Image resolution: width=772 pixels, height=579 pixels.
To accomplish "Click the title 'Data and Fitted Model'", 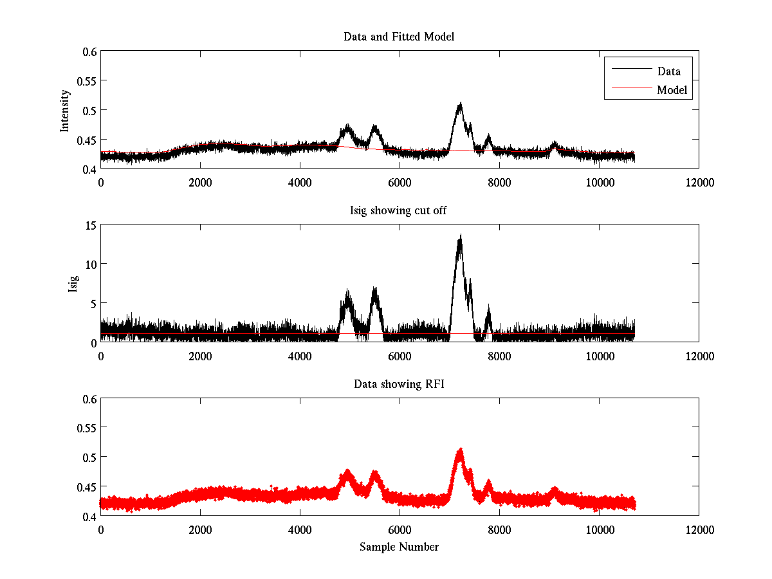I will point(399,37).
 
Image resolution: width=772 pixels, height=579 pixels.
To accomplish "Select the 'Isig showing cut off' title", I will point(399,210).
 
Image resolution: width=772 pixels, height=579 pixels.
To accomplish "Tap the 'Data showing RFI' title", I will point(399,384).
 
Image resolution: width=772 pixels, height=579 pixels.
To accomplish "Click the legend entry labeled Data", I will point(668,71).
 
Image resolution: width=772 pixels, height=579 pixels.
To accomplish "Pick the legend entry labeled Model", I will point(672,90).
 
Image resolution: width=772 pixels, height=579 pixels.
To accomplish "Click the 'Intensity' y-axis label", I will point(65,110).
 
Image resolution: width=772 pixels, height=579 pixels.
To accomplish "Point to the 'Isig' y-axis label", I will point(73,284).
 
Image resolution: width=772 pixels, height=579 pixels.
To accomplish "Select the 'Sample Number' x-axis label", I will point(399,547).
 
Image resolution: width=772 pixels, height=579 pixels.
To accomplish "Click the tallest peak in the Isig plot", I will point(461,236).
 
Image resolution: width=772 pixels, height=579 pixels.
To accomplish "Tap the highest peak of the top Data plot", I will point(460,104).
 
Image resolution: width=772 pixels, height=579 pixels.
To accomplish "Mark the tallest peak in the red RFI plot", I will point(460,449).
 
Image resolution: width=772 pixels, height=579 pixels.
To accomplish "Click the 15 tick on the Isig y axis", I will point(89,225).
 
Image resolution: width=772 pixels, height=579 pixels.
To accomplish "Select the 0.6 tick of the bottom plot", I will point(88,399).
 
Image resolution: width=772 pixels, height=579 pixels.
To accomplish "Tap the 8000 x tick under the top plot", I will point(499,182).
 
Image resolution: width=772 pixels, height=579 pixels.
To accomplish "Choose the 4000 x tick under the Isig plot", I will point(300,356).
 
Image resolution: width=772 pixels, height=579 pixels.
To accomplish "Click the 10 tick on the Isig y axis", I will point(89,264).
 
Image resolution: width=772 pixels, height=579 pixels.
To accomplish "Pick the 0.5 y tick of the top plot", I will point(88,110).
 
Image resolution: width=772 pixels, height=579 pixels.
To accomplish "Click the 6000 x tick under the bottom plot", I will point(400,529).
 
